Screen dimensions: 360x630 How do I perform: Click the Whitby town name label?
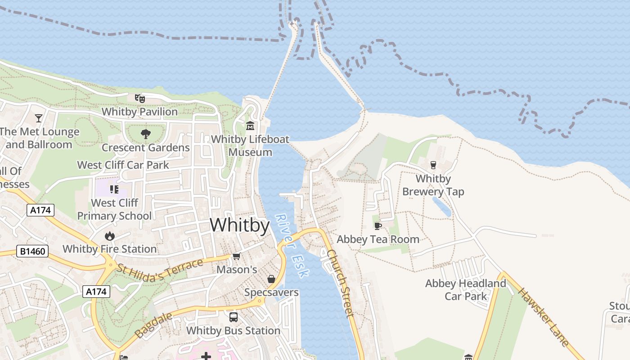pyautogui.click(x=239, y=225)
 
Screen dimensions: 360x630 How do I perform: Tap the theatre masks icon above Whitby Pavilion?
pyautogui.click(x=139, y=98)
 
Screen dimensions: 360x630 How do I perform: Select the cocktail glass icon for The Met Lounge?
pyautogui.click(x=39, y=118)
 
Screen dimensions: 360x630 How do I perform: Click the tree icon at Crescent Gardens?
pyautogui.click(x=145, y=134)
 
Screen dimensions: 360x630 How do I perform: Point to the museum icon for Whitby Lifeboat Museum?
pyautogui.click(x=250, y=126)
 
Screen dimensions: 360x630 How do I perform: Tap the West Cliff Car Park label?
pyautogui.click(x=123, y=165)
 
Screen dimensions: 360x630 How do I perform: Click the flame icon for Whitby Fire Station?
pyautogui.click(x=109, y=235)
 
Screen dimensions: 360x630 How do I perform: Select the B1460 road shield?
pyautogui.click(x=33, y=251)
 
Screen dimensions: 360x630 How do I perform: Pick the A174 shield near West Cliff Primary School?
pyautogui.click(x=40, y=210)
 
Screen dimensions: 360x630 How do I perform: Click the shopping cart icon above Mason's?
pyautogui.click(x=236, y=256)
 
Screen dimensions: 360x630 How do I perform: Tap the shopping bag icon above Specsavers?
pyautogui.click(x=271, y=279)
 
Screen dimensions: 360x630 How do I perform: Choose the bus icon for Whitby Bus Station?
pyautogui.click(x=233, y=317)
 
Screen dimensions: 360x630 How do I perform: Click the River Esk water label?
pyautogui.click(x=291, y=245)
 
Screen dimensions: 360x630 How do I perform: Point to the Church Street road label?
pyautogui.click(x=340, y=283)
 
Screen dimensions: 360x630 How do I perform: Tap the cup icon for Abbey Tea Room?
pyautogui.click(x=378, y=226)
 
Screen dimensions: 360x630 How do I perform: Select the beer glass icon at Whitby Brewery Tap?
pyautogui.click(x=433, y=165)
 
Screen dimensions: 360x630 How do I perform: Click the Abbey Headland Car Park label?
pyautogui.click(x=466, y=290)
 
